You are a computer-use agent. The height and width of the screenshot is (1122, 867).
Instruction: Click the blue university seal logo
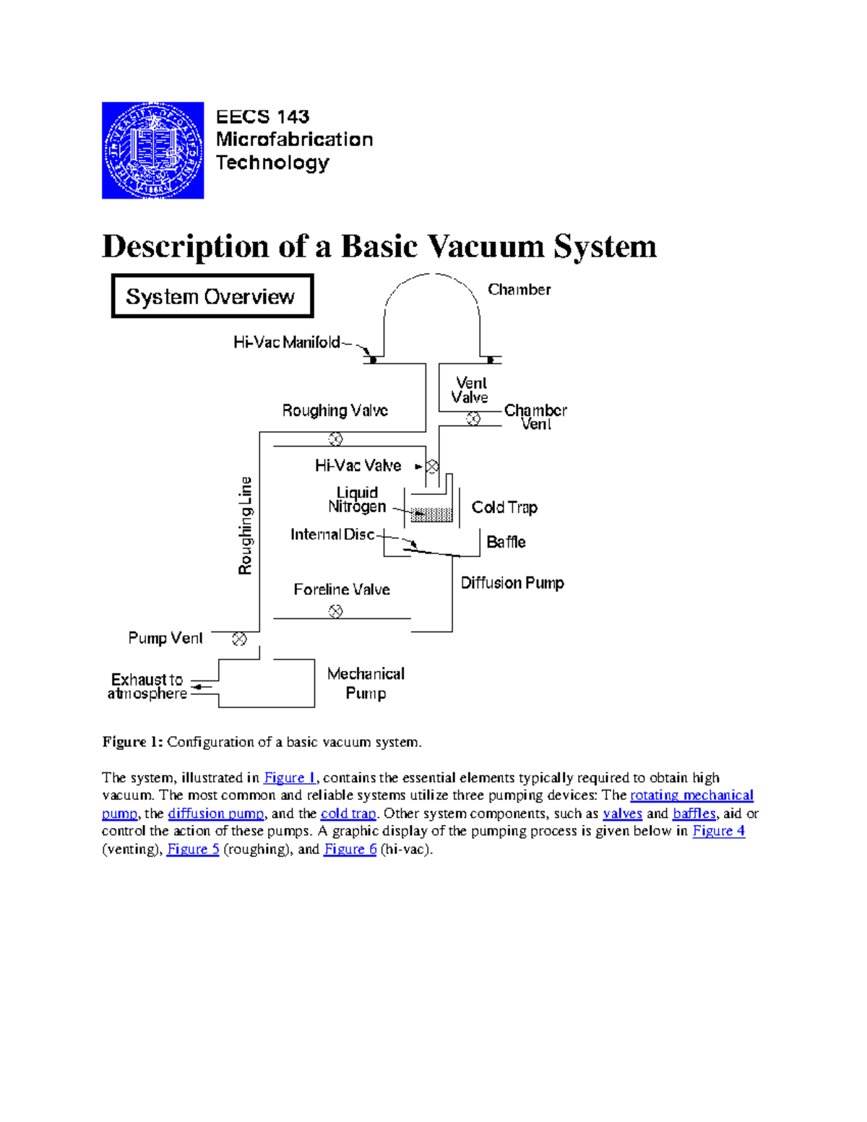(x=152, y=150)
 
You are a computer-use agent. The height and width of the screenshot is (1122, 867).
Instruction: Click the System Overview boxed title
(x=212, y=296)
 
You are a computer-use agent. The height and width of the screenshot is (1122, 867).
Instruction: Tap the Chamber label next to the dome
(x=519, y=290)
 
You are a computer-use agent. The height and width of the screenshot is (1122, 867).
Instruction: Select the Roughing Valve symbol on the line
(x=335, y=439)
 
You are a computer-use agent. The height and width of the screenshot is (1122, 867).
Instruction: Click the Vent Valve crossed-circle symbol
(x=473, y=418)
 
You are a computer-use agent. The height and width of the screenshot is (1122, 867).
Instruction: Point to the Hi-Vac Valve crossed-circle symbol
(x=432, y=467)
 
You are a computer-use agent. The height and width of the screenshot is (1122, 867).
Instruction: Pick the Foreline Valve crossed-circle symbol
(x=335, y=611)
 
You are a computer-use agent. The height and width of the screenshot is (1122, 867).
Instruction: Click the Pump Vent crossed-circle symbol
(x=239, y=639)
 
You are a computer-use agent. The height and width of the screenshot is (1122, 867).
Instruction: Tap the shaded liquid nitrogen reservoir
(x=431, y=514)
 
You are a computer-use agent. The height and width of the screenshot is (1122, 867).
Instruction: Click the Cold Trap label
(x=504, y=507)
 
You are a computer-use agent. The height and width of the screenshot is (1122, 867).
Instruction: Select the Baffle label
(x=506, y=542)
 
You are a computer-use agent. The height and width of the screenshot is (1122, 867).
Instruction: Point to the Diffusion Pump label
(x=512, y=582)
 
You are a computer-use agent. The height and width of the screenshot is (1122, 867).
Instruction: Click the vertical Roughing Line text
(x=246, y=525)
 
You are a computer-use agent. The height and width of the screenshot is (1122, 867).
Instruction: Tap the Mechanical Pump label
(x=366, y=683)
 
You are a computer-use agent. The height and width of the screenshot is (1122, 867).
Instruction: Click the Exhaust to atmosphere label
(x=147, y=686)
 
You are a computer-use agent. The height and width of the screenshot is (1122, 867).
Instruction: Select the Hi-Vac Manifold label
(x=286, y=342)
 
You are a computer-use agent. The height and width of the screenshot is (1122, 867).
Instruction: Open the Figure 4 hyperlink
(x=718, y=831)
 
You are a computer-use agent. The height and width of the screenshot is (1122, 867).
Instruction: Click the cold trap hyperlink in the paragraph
(x=348, y=814)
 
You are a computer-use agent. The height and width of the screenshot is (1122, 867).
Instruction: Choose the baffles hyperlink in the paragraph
(x=694, y=814)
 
